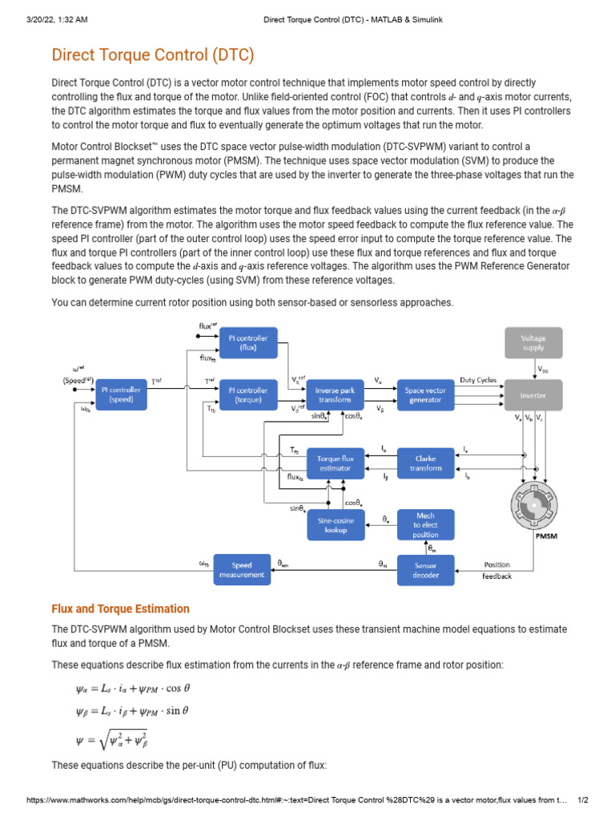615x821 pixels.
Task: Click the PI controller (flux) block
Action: tap(248, 343)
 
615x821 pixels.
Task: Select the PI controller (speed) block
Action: tap(122, 395)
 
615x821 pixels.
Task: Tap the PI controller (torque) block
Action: tap(248, 395)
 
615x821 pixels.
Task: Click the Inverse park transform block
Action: tap(335, 395)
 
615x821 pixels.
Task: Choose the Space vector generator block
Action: tap(425, 395)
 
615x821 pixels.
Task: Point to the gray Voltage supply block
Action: tap(533, 343)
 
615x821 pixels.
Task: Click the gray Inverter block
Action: tap(533, 395)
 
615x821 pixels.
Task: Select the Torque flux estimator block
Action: tap(336, 463)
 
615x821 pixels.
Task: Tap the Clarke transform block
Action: tap(425, 463)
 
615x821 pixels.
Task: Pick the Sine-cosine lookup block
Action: tap(336, 525)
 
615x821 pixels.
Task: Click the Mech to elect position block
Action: tap(425, 525)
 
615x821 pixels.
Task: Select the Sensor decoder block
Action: tap(425, 570)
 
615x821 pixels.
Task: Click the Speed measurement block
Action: tap(242, 570)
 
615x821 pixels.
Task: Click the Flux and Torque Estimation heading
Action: tap(120, 609)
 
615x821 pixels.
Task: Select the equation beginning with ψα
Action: tap(132, 688)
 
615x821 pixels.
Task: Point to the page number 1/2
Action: tap(583, 800)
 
